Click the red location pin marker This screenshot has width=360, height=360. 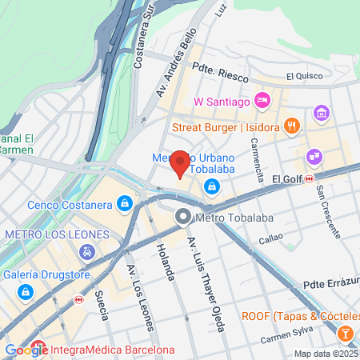[x=181, y=163]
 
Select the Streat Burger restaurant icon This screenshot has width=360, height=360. [x=292, y=125]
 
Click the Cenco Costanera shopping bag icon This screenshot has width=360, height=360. [x=124, y=205]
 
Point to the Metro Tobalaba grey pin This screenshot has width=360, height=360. [x=183, y=216]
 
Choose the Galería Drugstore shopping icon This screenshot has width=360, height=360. [x=27, y=293]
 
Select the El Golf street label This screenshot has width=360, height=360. [x=286, y=178]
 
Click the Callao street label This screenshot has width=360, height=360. [x=270, y=237]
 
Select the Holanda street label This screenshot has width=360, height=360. [x=166, y=261]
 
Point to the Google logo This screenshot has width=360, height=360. [x=26, y=350]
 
